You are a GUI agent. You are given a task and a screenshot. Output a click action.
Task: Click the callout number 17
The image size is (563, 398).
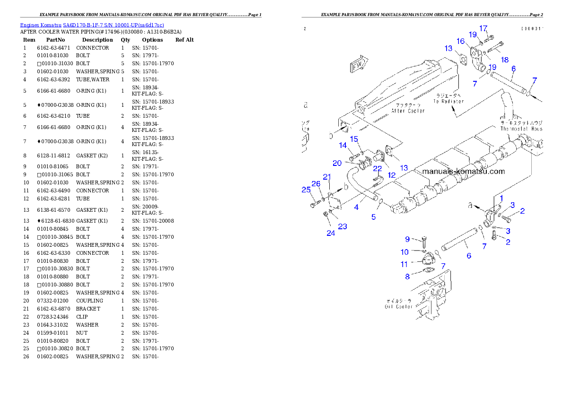click(x=483, y=28)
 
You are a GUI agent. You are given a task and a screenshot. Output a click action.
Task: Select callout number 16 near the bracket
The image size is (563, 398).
click(x=460, y=41)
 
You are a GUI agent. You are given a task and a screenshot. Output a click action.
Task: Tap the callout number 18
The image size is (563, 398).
click(x=505, y=60)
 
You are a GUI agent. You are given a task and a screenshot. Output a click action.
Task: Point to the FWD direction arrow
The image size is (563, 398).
click(x=359, y=65)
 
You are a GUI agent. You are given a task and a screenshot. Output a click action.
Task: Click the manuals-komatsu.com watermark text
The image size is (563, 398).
click(x=463, y=172)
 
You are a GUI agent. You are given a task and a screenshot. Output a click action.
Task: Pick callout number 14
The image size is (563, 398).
click(x=343, y=146)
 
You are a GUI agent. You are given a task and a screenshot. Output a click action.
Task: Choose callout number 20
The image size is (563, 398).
click(x=337, y=163)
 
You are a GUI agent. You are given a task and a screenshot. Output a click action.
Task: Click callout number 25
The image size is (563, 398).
click(x=306, y=190)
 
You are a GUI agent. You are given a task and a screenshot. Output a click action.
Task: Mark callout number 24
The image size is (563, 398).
click(x=331, y=233)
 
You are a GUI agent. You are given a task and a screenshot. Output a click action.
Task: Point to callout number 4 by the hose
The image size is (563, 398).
click(x=356, y=207)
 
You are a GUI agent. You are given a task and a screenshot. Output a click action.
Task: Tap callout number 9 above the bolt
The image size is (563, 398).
click(x=407, y=239)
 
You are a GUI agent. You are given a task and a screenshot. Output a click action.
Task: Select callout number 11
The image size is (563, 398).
click(x=404, y=264)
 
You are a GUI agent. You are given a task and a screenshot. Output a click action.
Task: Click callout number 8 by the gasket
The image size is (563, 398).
click(x=407, y=277)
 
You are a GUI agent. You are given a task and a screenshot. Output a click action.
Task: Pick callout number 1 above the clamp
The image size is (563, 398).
click(x=501, y=198)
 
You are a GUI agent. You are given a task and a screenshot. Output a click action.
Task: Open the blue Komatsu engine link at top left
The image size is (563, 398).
click(x=92, y=25)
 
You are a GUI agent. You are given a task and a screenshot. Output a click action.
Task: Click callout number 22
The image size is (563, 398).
click(x=377, y=169)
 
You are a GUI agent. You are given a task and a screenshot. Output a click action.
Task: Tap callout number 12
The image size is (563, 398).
click(x=392, y=175)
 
